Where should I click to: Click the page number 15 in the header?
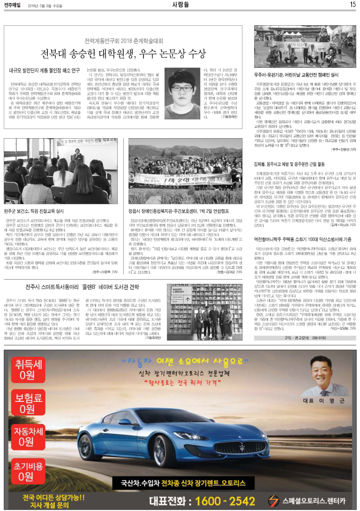[352, 4]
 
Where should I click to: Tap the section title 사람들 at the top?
[180, 4]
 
